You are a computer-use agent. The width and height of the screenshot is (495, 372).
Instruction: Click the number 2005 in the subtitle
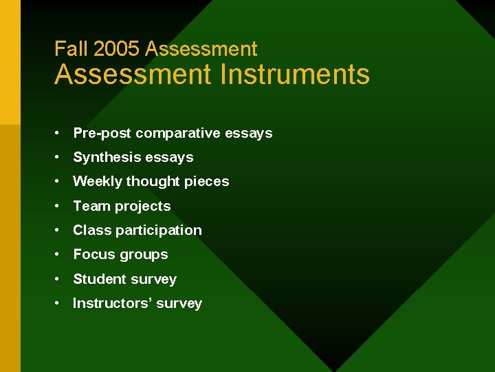point(116,49)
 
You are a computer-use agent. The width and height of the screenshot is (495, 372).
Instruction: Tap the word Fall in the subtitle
point(71,49)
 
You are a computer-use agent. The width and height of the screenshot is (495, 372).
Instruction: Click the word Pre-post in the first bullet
point(102,133)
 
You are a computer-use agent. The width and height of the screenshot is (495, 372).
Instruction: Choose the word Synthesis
point(105,157)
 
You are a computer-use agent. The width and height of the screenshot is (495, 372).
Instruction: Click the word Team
point(92,206)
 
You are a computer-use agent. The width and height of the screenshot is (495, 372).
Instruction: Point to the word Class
point(92,230)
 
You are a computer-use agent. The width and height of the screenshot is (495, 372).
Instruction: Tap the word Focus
point(93,254)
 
